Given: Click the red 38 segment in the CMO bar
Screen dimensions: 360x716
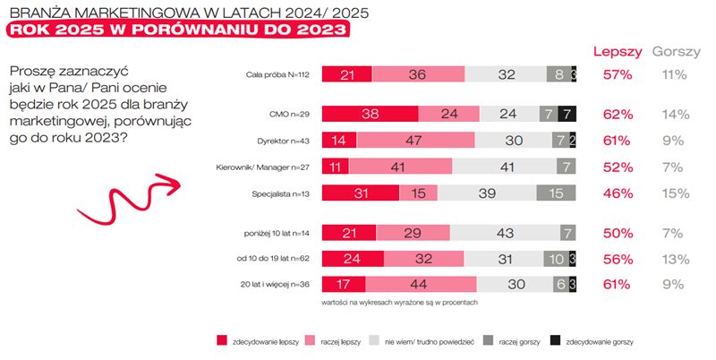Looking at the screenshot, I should click(369, 114).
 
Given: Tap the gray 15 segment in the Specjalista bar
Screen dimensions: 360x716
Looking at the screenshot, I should click(556, 193).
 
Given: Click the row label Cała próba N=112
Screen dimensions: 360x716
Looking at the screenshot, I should click(277, 75).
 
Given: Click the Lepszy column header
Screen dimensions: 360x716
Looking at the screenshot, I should click(617, 51).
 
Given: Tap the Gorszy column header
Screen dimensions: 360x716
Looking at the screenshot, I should click(676, 51).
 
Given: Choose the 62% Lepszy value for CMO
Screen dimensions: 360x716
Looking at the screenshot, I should click(618, 115).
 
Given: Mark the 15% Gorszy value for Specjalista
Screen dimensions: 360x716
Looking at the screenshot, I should click(674, 193).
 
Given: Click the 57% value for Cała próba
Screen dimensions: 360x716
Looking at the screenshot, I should click(618, 75).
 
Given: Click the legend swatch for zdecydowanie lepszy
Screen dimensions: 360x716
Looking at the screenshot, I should click(222, 340).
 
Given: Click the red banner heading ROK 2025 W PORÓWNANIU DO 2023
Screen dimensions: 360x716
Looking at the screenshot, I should click(177, 30).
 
